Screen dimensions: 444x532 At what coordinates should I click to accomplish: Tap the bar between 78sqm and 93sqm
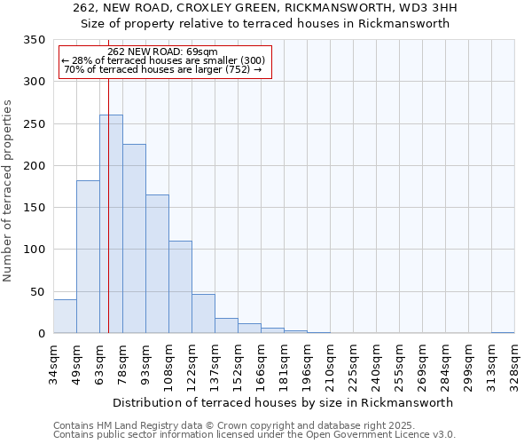click(134, 239)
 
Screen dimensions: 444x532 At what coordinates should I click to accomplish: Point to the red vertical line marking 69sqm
click(108, 204)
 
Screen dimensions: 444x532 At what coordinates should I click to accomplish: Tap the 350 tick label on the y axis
click(35, 40)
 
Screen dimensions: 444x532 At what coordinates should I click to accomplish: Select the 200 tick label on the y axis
click(35, 166)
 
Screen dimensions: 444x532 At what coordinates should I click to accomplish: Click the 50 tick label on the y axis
click(37, 292)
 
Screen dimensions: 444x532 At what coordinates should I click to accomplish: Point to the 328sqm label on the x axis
click(514, 362)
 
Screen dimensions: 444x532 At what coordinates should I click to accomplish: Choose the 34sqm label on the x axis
click(53, 362)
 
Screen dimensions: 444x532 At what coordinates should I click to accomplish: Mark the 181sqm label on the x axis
click(284, 362)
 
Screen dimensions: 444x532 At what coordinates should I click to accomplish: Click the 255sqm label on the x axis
click(399, 362)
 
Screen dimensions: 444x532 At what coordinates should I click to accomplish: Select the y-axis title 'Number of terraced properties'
click(9, 191)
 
